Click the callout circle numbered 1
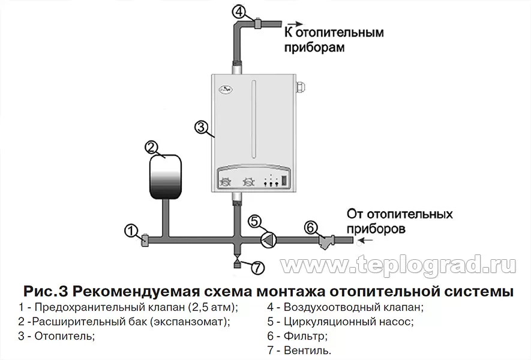[x=131, y=230]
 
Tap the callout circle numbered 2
[x=152, y=147]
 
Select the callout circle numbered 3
[x=202, y=127]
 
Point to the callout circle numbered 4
[x=239, y=11]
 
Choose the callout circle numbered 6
[x=310, y=227]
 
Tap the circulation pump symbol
[x=268, y=240]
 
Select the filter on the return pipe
[x=326, y=241]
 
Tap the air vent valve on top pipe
[x=257, y=24]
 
